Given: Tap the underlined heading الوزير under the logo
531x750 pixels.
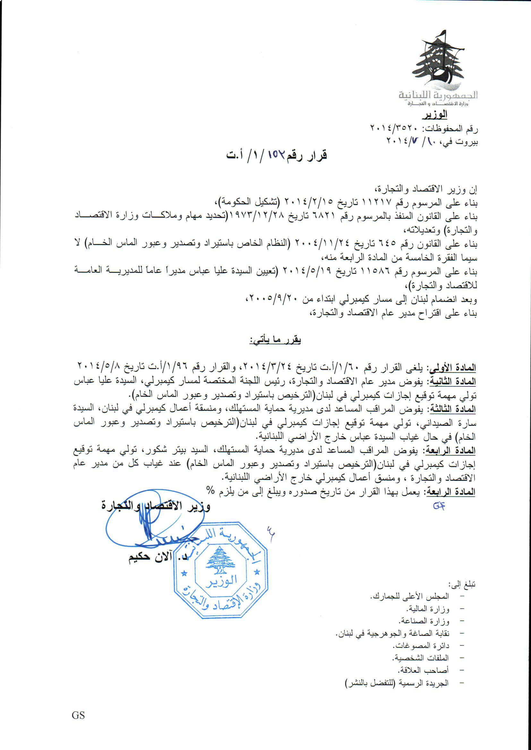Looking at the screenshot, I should click(x=436, y=115).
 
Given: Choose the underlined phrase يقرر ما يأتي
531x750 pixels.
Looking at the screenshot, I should click(x=275, y=340).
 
